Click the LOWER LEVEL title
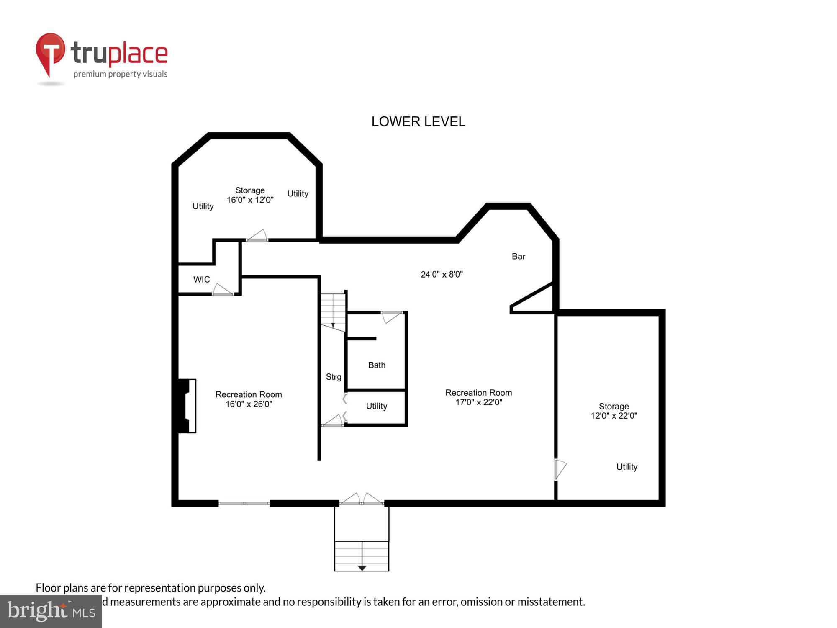(418, 121)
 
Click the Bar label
(518, 256)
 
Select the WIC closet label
(201, 279)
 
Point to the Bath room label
(377, 365)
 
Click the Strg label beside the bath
(334, 377)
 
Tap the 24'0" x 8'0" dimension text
(442, 274)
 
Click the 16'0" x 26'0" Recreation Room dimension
(249, 404)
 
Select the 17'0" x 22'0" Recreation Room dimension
(479, 402)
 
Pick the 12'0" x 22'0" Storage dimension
(614, 416)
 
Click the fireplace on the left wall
(186, 406)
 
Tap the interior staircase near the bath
(333, 312)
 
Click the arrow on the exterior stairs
(362, 568)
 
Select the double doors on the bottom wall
(362, 500)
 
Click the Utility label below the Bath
(376, 406)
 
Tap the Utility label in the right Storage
(626, 467)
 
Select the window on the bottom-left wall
(244, 503)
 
